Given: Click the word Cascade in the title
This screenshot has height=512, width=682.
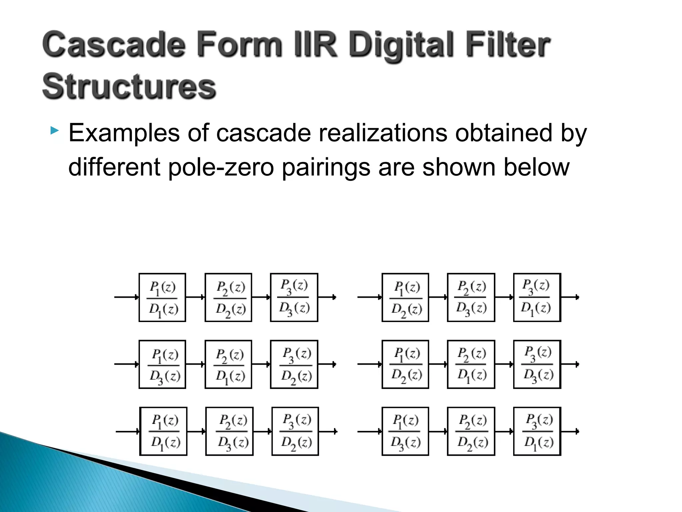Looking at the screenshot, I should tap(114, 45).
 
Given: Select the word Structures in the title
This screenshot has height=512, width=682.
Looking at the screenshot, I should tap(129, 87).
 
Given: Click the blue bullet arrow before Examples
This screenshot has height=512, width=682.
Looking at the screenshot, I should tap(55, 130).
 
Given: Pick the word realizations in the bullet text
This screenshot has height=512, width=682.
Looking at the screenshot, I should tap(383, 133).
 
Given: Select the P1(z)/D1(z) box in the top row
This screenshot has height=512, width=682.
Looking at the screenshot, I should tap(162, 297).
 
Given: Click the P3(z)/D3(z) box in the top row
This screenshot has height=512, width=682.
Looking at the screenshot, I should tap(294, 297).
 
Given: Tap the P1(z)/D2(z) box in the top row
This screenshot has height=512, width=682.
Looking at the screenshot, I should tap(405, 297).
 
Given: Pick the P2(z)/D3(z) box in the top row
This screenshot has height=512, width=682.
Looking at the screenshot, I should tap(471, 297).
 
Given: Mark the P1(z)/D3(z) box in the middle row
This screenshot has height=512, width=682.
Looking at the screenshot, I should tap(162, 364).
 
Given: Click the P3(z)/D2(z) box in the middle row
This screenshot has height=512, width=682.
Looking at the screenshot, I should tap(294, 364).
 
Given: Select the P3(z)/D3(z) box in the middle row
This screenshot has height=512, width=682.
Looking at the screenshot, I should tap(537, 364).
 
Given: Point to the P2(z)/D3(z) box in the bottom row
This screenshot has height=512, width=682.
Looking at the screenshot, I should tap(229, 431).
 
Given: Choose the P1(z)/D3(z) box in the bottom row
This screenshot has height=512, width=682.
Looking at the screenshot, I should tap(405, 431).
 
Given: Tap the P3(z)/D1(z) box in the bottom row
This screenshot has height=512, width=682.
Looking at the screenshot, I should tap(537, 431).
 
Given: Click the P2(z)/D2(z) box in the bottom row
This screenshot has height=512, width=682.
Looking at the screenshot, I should tap(471, 431).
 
